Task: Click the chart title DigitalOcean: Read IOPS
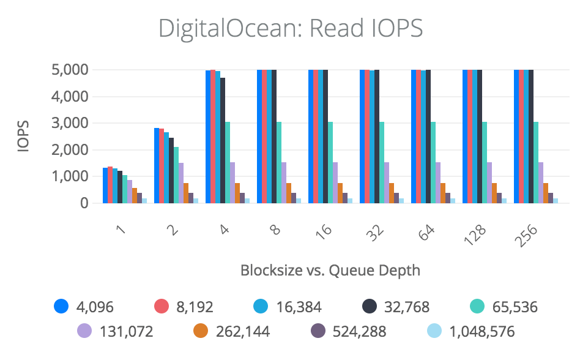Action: [290, 28]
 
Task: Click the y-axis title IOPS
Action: [23, 136]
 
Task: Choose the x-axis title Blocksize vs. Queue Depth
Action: [330, 270]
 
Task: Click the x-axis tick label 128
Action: [478, 234]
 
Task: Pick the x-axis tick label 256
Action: [529, 234]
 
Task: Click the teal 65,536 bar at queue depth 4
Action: [228, 162]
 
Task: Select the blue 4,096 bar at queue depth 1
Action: [105, 185]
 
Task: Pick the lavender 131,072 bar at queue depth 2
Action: [181, 182]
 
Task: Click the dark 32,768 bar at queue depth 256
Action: [531, 136]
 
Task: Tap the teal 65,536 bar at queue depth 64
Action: [433, 162]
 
